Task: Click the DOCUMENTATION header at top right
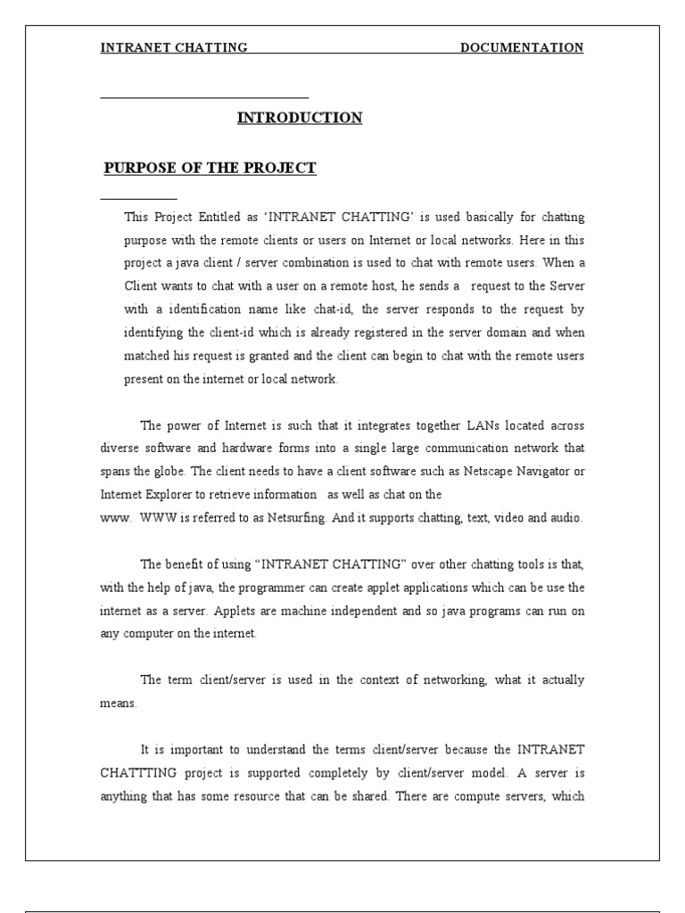(x=522, y=48)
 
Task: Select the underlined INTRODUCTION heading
(x=300, y=118)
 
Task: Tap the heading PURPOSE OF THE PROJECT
(x=210, y=169)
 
